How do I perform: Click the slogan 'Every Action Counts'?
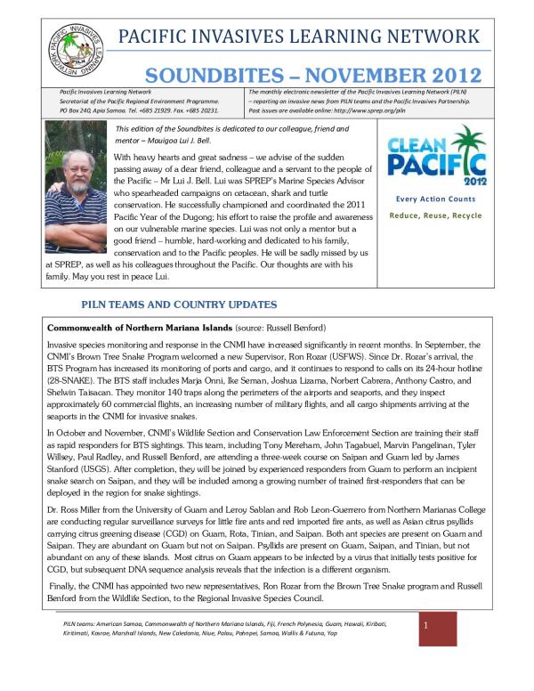tap(435, 199)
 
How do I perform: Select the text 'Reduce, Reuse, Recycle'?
tap(435, 215)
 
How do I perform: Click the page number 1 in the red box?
tap(427, 627)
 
